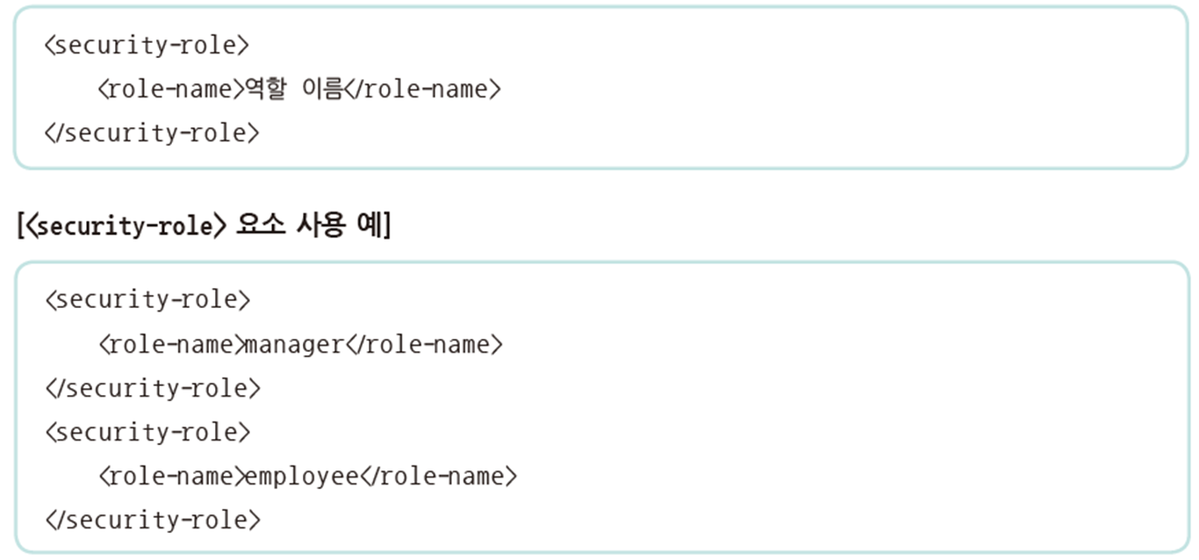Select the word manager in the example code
point(294,344)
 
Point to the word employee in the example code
point(301,476)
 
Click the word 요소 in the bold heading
point(259,226)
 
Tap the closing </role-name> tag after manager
point(424,344)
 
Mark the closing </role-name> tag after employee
point(438,476)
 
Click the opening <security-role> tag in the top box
point(147,45)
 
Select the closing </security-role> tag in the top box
point(152,133)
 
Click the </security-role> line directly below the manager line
point(152,387)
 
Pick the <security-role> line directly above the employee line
point(147,432)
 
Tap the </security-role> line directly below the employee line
point(152,519)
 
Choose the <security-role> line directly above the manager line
point(147,299)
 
